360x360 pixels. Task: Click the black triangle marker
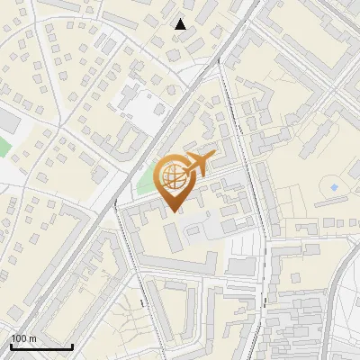coord(181,24)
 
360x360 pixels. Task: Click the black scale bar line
coord(41,346)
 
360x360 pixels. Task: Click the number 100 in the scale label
coord(18,338)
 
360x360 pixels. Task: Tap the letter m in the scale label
coord(32,338)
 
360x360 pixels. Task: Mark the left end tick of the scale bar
coord(11,345)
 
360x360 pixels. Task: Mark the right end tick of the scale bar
coord(73,345)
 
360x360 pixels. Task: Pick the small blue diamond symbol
coord(334,187)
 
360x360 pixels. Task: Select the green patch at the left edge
coord(4,144)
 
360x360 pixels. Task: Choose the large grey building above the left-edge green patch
coord(7,120)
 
